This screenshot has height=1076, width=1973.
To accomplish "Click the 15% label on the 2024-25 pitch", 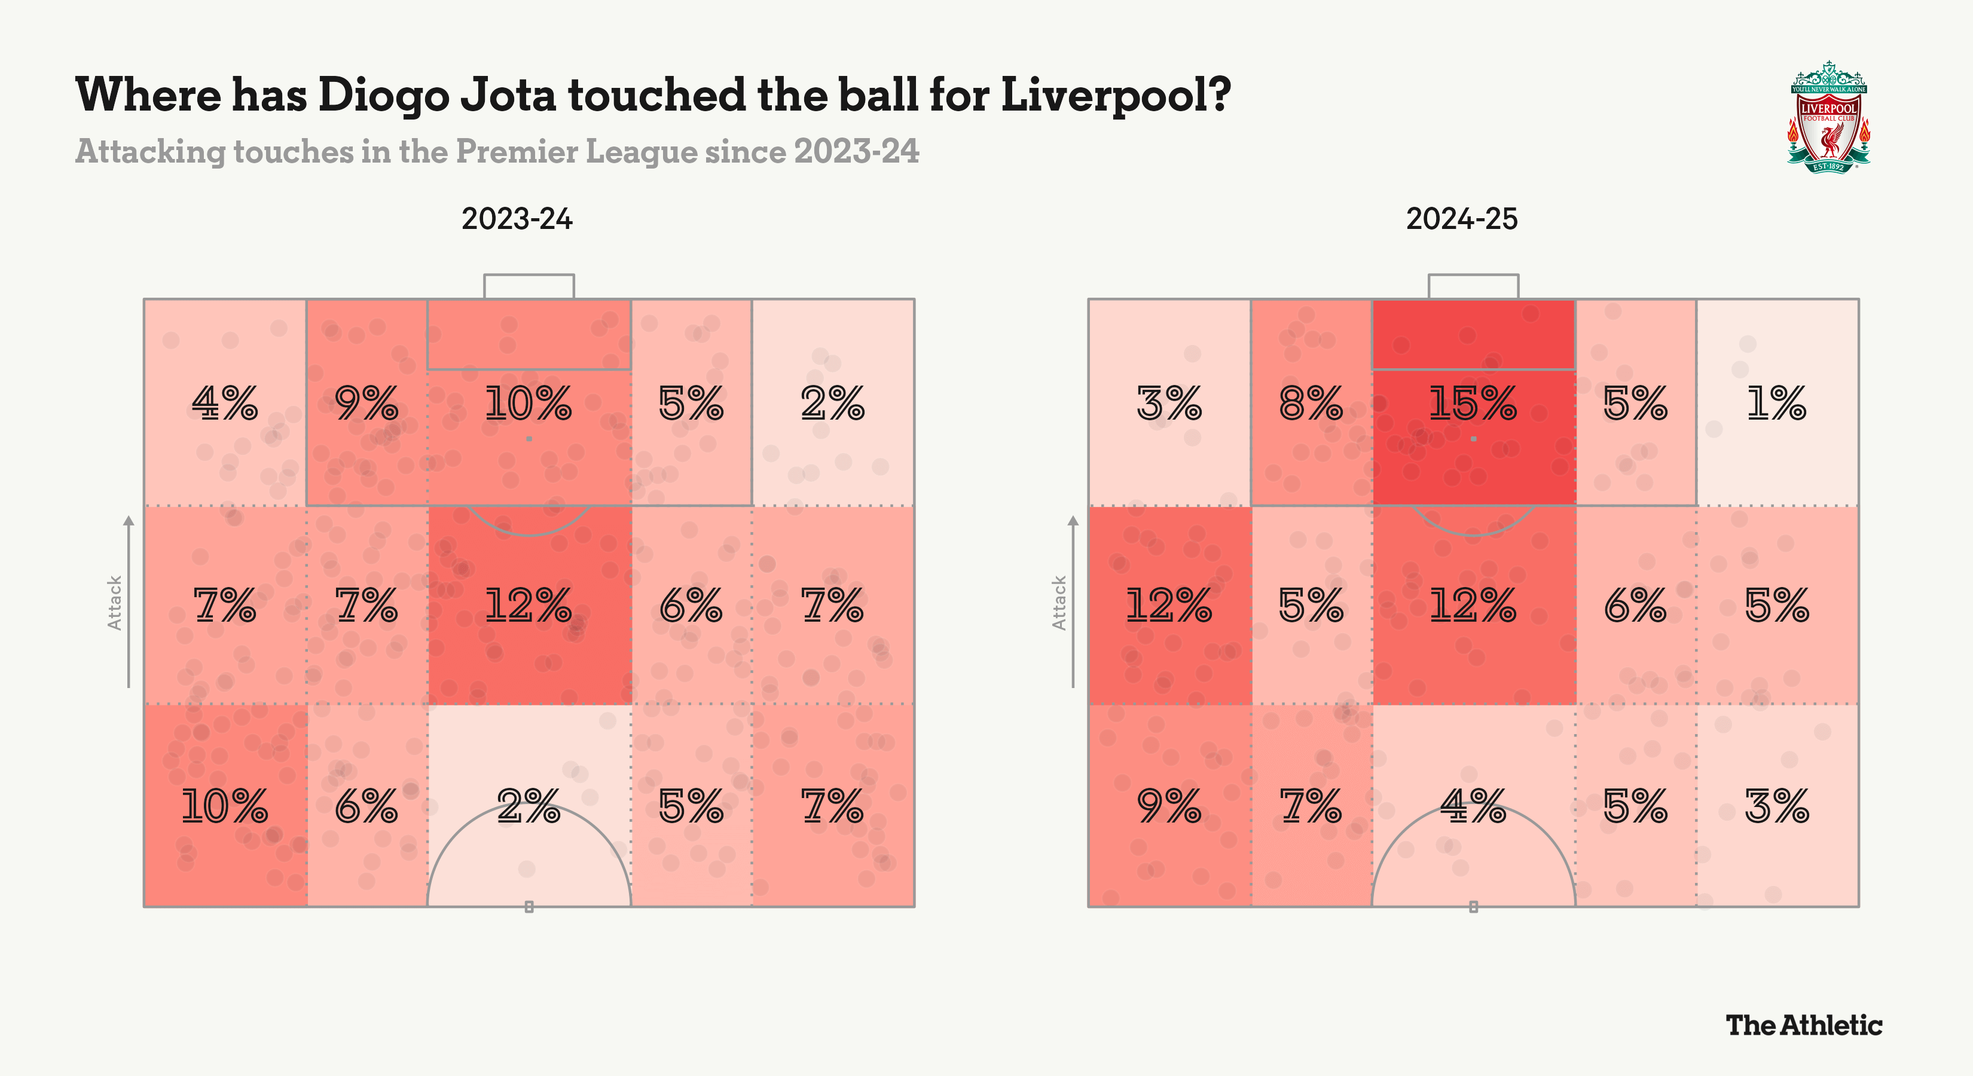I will coord(1472,403).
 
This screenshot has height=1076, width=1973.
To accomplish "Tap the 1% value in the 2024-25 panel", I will coord(1776,403).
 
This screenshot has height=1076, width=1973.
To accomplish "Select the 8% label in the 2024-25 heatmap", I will coord(1311,403).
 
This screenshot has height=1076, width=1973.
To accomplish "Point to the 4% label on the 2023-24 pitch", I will coord(224,403).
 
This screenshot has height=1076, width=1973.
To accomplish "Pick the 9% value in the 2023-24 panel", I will coord(366,403).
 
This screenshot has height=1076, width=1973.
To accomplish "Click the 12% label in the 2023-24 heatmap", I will coord(528,605).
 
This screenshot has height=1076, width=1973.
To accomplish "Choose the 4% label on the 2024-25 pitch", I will coord(1472,806).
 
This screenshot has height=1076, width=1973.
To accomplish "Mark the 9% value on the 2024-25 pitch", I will coord(1169,806).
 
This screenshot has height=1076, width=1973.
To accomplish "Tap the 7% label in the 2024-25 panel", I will coord(1311,806).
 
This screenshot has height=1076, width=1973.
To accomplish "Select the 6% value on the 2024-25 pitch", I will coord(1635,605).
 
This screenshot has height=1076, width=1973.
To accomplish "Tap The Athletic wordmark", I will coord(1804,1025).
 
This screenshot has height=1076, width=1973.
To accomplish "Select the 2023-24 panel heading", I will coord(517,219).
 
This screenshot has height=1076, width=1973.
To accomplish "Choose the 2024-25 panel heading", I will coord(1461,219).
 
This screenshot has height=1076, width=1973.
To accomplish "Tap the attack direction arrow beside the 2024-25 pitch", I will coord(1073,601).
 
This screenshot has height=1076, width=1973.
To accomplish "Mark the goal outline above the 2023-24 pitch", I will coord(529,286).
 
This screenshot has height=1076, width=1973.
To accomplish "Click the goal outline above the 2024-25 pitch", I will coord(1473,286).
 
